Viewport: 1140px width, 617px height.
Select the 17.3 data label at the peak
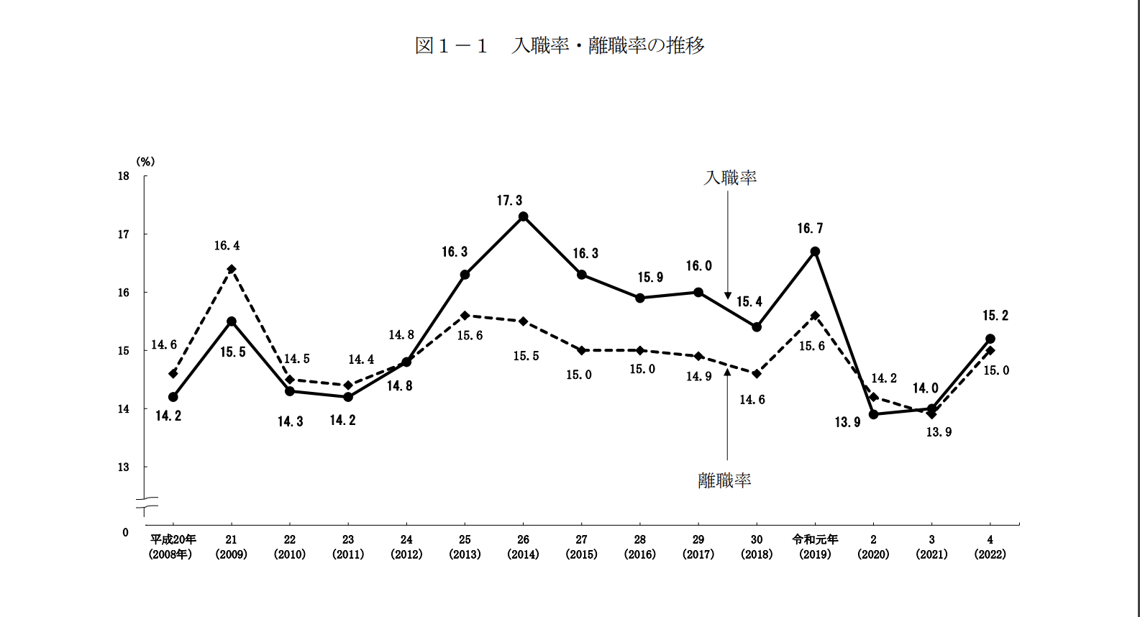509,201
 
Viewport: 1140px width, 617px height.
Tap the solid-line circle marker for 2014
524,216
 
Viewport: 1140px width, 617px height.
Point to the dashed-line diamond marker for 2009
232,269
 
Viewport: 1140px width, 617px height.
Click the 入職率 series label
730,178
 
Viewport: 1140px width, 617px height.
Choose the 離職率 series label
724,480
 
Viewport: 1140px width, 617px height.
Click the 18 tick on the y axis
124,176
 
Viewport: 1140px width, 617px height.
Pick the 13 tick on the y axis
124,467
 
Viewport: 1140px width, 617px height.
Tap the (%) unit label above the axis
145,162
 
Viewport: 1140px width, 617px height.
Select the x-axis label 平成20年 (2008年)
173,547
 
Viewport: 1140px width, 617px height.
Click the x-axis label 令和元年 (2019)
815,547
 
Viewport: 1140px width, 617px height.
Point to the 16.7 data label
810,229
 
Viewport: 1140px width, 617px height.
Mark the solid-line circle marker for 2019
815,252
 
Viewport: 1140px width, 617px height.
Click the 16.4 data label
227,246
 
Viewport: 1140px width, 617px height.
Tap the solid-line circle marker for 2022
990,339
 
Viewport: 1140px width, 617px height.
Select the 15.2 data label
995,316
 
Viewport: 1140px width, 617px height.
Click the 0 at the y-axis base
125,533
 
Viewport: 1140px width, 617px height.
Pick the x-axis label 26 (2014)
523,547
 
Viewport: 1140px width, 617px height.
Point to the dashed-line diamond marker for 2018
757,374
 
